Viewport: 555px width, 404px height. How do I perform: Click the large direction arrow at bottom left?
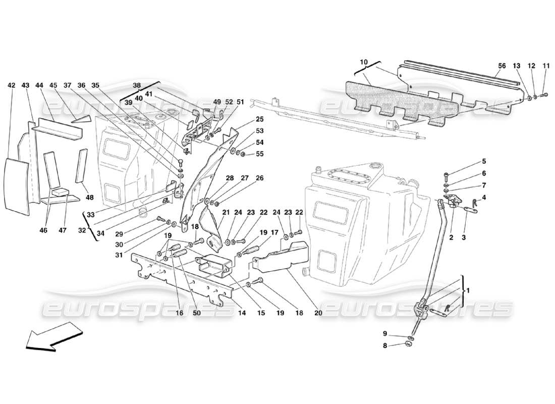53,338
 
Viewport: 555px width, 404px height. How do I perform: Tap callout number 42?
11,86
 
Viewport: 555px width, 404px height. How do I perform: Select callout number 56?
502,66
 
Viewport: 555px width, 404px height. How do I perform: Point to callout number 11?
546,66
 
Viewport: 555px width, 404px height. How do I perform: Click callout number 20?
318,313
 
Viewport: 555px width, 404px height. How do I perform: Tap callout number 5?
483,162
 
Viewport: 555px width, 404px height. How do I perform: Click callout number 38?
137,86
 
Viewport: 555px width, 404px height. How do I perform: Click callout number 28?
230,178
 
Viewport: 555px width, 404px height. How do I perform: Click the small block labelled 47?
61,193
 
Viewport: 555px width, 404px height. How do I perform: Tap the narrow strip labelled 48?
81,166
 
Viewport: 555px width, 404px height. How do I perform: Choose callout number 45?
53,86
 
